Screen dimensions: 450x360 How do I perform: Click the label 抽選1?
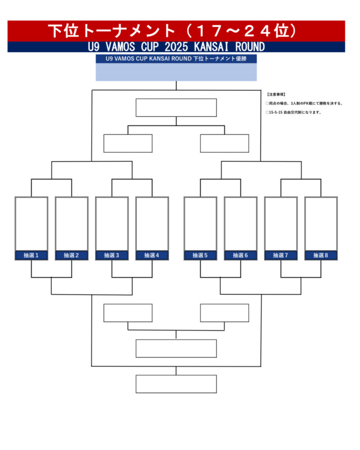click(31, 255)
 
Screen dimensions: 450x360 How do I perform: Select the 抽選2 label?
click(71, 255)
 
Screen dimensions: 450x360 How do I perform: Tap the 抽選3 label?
click(112, 255)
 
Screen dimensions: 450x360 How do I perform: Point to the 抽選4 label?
click(152, 255)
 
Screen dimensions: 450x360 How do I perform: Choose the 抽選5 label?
click(200, 255)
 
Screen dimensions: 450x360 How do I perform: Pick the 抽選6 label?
click(240, 255)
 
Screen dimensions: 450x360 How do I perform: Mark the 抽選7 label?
click(281, 255)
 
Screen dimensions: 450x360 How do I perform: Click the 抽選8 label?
click(321, 255)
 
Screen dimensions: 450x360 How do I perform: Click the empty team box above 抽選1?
click(31, 223)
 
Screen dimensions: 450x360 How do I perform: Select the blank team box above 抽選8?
click(321, 223)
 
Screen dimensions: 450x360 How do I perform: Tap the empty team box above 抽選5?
click(200, 223)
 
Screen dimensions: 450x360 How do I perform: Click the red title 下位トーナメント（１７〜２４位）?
click(176, 31)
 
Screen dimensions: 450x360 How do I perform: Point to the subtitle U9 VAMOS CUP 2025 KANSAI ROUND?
click(176, 47)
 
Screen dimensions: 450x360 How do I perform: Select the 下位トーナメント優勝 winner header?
click(176, 59)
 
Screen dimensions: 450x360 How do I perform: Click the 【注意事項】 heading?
click(276, 94)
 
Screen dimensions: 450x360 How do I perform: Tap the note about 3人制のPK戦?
click(304, 103)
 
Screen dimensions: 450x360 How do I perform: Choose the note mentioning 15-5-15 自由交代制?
click(294, 112)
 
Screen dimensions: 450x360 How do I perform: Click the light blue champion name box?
click(176, 73)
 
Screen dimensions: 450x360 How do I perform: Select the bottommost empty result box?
click(176, 384)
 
